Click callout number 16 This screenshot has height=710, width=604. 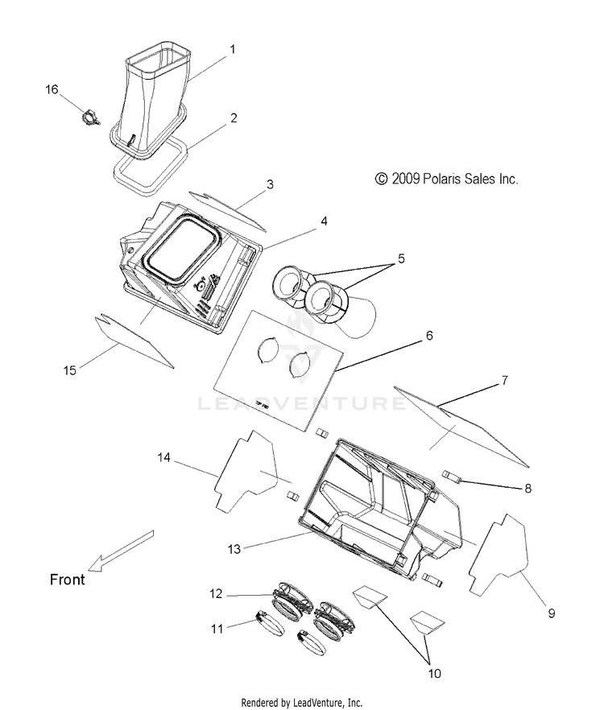tap(52, 89)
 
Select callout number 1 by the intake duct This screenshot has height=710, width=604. tap(233, 49)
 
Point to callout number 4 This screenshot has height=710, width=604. tap(324, 221)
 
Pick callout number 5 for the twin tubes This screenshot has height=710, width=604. tap(401, 258)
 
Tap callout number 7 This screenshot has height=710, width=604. tap(504, 380)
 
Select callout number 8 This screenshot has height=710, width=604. tap(527, 488)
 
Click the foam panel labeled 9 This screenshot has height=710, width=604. tap(499, 554)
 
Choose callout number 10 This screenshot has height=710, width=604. tap(434, 673)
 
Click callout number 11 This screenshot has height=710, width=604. tap(217, 629)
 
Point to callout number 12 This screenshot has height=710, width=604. tap(216, 593)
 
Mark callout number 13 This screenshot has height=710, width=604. tap(234, 549)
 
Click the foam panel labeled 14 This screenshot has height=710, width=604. tap(245, 471)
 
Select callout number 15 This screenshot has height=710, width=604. tap(69, 370)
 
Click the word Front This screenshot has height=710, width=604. tap(67, 580)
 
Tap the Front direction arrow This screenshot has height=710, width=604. tap(121, 551)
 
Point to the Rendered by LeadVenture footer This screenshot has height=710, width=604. tap(302, 702)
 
